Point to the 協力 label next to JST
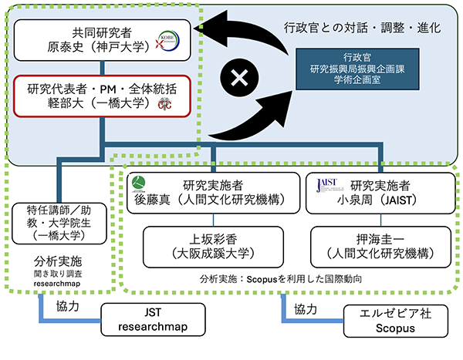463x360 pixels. [x=73, y=306]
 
